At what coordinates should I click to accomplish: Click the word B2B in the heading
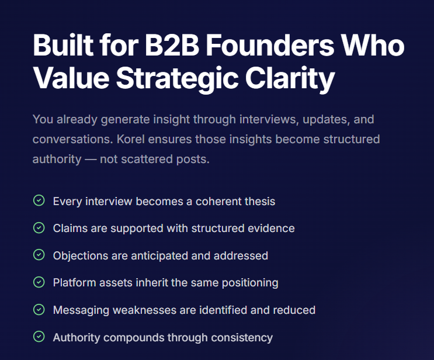(172, 46)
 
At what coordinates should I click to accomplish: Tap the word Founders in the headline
(270, 45)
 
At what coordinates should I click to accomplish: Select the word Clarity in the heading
(290, 79)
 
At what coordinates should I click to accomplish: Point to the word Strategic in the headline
(177, 79)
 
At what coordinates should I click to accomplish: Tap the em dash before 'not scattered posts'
(91, 160)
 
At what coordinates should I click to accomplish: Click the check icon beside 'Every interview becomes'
(39, 200)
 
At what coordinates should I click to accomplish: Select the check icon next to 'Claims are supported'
(39, 228)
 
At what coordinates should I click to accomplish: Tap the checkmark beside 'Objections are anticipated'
(39, 255)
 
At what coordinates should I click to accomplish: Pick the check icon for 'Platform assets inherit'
(39, 282)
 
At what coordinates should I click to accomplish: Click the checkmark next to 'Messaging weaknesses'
(39, 310)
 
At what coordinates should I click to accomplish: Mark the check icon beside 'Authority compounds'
(39, 337)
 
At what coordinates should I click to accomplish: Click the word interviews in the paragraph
(269, 120)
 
